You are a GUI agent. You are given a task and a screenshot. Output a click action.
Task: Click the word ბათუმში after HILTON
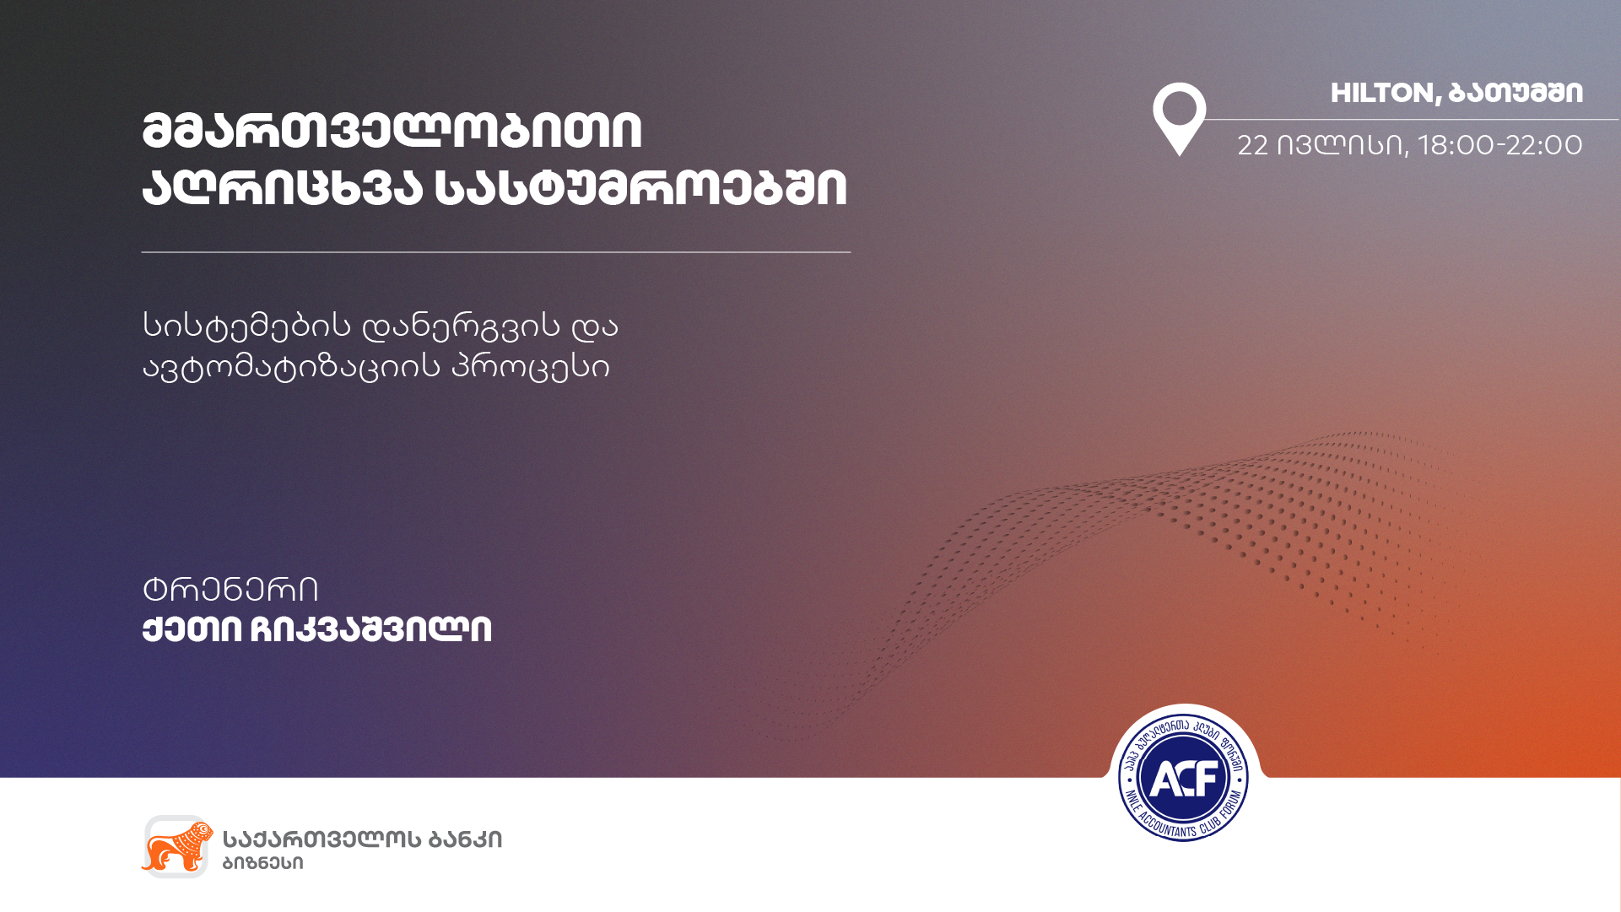coord(1516,93)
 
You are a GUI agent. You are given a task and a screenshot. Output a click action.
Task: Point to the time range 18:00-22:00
coord(1500,145)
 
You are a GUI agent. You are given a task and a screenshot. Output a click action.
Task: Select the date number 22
coord(1252,145)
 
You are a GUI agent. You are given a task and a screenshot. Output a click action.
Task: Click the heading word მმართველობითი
coord(392,131)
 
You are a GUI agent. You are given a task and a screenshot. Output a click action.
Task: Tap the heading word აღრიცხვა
coord(282,187)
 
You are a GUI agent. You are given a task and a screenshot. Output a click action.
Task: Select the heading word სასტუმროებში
coord(640,187)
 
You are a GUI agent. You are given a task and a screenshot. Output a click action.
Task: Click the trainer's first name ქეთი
coord(192,629)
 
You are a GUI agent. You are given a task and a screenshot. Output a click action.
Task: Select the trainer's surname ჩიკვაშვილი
coord(371,629)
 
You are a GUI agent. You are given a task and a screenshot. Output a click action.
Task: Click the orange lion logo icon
coord(176,846)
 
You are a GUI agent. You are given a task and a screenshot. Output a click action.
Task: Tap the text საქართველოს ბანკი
coord(362,839)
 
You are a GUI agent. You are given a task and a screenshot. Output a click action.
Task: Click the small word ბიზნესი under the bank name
coord(262,863)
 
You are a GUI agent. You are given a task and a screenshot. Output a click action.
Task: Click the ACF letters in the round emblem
coord(1183,778)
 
